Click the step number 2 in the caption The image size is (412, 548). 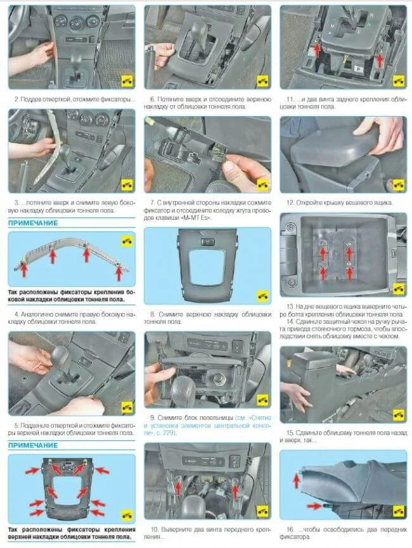pos(16,99)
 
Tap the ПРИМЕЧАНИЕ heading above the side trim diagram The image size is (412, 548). pos(33,223)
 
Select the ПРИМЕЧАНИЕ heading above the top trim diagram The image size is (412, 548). pos(33,445)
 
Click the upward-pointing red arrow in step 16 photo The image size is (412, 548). pos(296,480)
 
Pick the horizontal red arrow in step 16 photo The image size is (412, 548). pos(314,506)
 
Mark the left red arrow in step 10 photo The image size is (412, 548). pos(178,488)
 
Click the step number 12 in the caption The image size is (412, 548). pos(290,203)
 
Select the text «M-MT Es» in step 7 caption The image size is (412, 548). pos(198,218)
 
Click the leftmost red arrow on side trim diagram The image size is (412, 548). pos(24,269)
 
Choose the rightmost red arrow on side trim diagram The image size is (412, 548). pos(119,272)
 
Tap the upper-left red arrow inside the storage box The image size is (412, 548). pos(323,252)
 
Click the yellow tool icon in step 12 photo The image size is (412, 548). pos(398,184)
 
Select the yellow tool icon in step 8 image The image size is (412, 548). pos(262,296)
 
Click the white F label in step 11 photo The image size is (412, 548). pos(357,68)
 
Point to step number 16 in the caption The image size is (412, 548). pos(290,530)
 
